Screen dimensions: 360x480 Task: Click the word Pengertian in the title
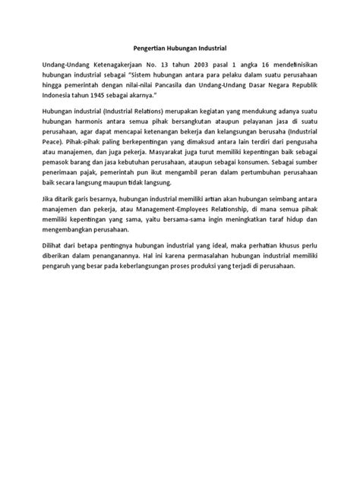[x=140, y=47]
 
